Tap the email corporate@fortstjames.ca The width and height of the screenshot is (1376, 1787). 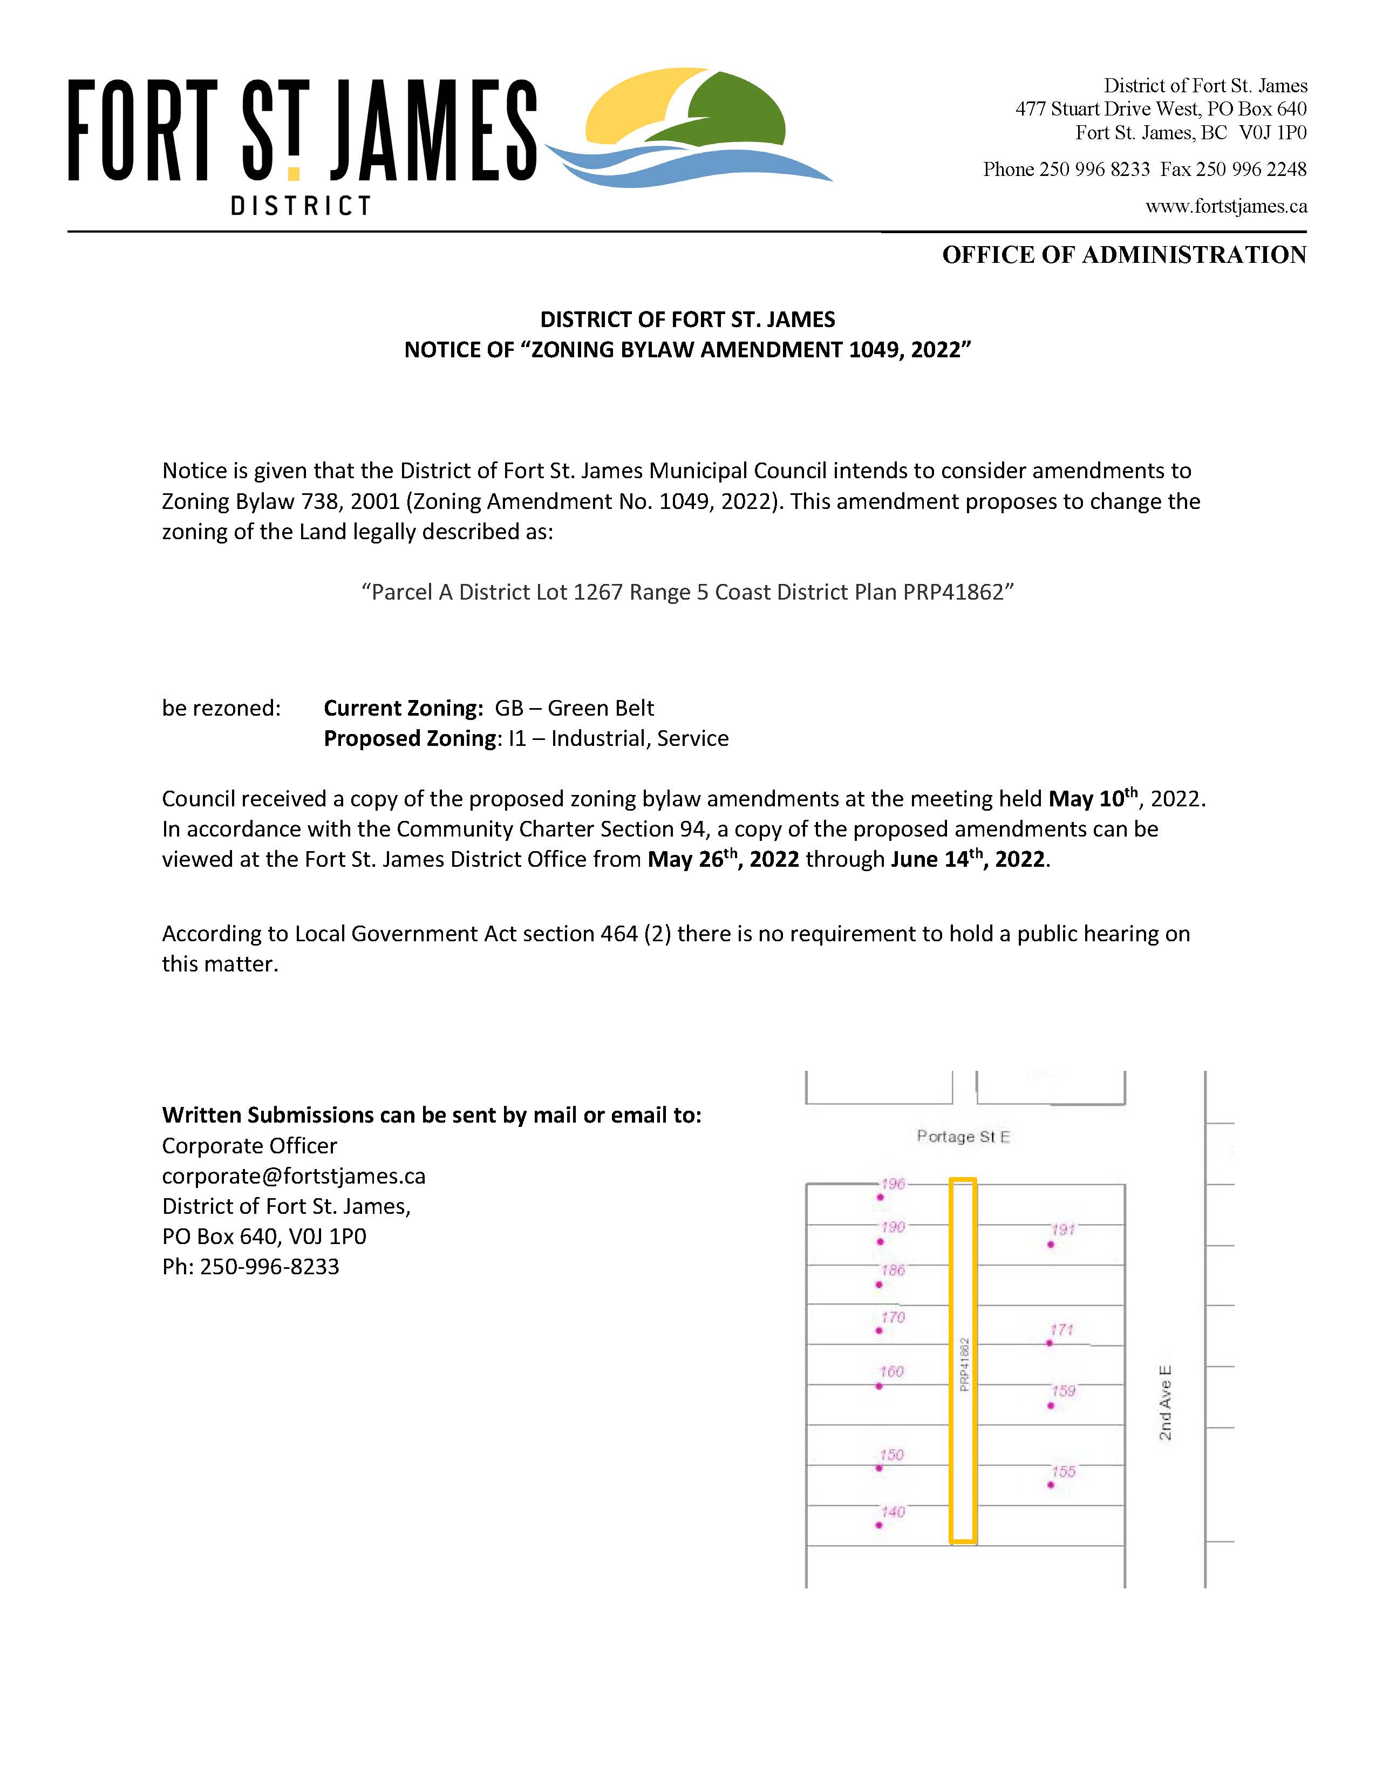(x=294, y=1176)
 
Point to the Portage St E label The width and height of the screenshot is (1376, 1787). (x=963, y=1137)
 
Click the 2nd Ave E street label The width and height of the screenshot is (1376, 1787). (x=1165, y=1402)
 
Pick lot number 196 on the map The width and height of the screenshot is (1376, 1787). (x=893, y=1184)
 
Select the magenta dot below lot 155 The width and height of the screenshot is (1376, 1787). (x=1051, y=1485)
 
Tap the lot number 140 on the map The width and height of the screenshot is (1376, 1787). (x=893, y=1512)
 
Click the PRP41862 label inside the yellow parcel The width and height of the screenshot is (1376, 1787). (x=964, y=1364)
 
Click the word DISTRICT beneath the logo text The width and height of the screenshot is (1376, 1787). (x=301, y=206)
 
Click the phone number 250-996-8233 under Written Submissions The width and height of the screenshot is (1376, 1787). (x=269, y=1267)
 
